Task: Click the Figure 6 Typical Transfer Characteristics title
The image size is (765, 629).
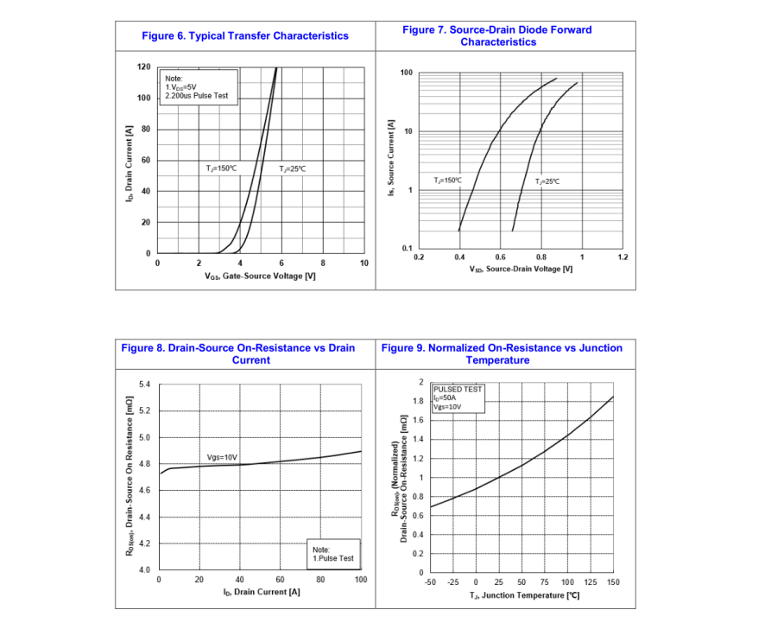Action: click(245, 35)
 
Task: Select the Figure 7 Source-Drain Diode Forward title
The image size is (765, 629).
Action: click(497, 35)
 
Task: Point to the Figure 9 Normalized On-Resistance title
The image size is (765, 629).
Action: click(501, 353)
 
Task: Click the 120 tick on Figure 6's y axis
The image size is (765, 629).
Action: click(144, 67)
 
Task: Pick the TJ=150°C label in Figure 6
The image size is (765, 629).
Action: click(221, 168)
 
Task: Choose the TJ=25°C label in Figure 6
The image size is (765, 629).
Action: click(292, 168)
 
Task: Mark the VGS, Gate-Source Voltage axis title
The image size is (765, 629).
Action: click(260, 276)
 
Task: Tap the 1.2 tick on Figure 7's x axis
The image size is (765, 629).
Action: click(623, 257)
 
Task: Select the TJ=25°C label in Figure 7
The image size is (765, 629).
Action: click(547, 181)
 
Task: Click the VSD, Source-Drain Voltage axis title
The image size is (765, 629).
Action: click(521, 270)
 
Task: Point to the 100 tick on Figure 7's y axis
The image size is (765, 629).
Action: click(406, 73)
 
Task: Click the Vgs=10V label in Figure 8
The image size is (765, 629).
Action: click(221, 456)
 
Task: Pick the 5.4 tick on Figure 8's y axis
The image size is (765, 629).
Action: click(144, 384)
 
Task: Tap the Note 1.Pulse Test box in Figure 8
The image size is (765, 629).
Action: click(332, 554)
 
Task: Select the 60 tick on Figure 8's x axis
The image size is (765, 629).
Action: click(280, 579)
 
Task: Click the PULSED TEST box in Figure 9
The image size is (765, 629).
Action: click(458, 397)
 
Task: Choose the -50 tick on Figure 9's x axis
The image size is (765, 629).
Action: click(430, 582)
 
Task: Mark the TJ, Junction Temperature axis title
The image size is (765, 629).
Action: click(524, 596)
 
